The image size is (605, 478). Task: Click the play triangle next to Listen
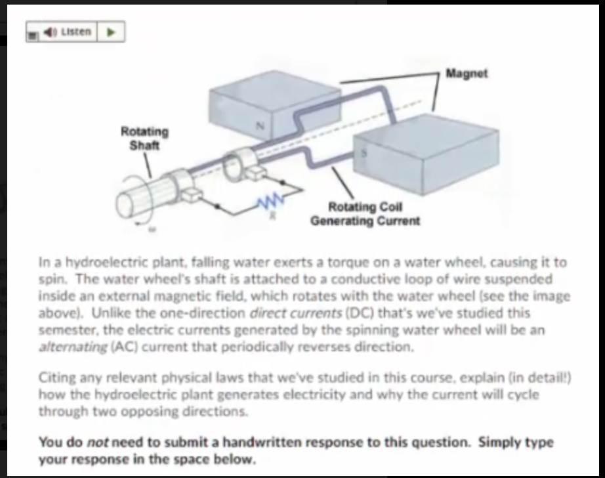tap(112, 32)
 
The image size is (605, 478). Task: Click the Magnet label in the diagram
tap(467, 74)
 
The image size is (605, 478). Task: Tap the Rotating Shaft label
tap(144, 138)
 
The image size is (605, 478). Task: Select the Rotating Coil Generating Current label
tap(365, 214)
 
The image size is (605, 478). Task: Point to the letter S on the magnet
tap(365, 152)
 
